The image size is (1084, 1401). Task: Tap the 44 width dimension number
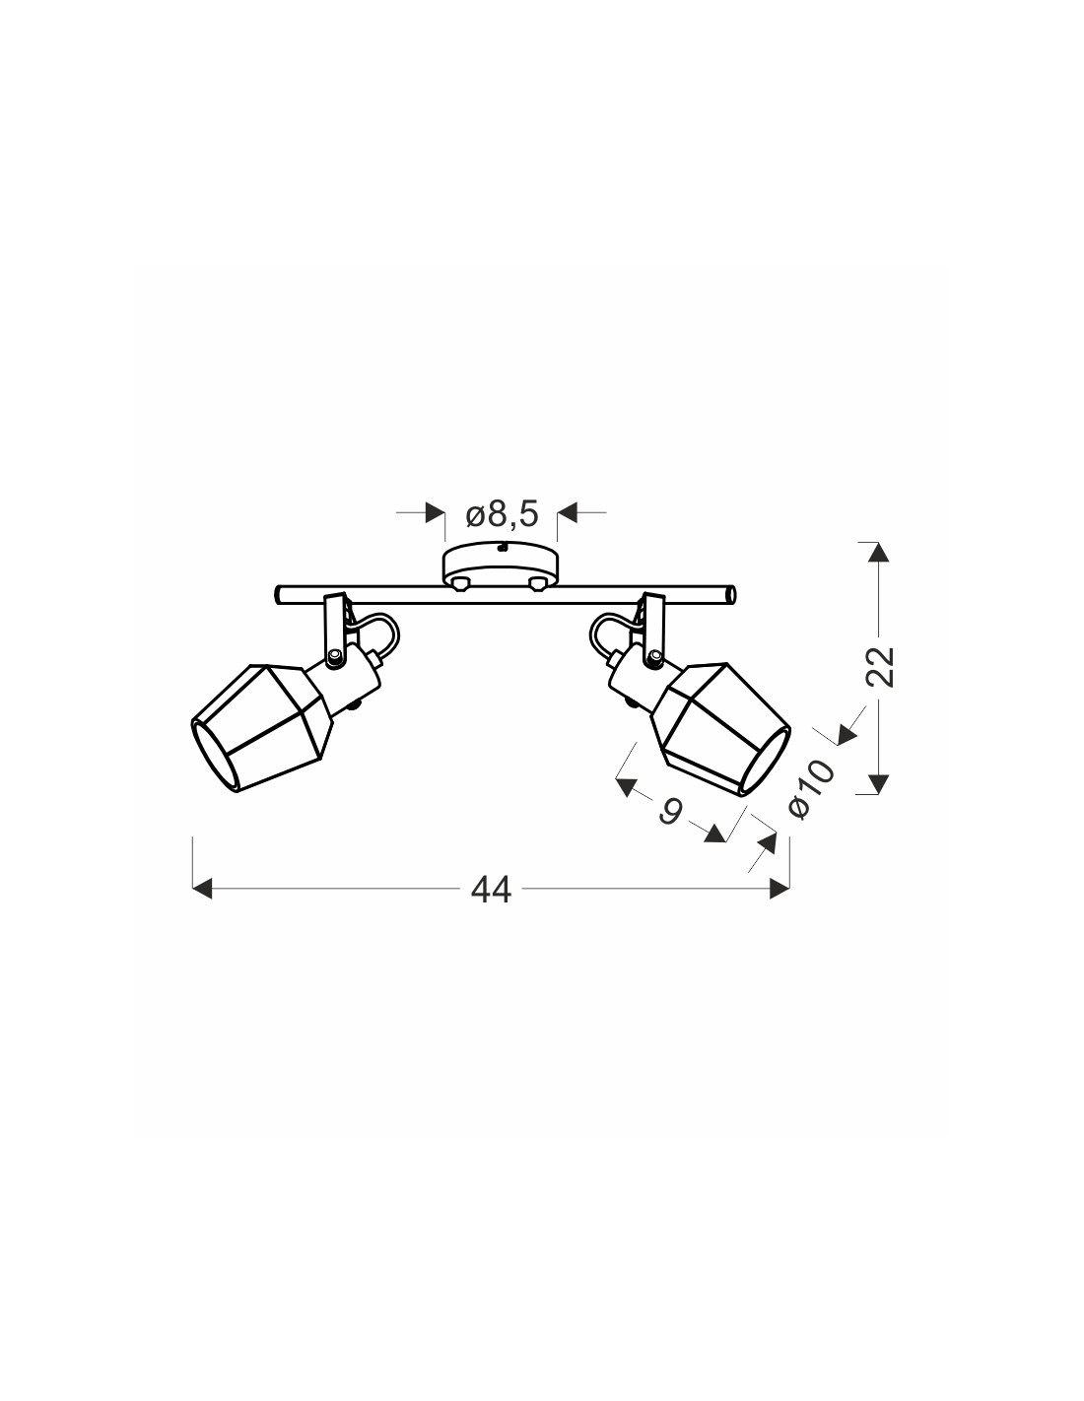(491, 890)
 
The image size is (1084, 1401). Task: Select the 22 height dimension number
(880, 667)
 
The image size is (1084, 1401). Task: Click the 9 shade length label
(670, 811)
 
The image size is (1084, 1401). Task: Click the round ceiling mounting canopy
(501, 567)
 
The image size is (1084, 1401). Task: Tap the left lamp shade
(262, 727)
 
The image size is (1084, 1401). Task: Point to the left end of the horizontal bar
(277, 594)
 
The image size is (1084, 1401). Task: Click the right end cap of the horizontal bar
(731, 594)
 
